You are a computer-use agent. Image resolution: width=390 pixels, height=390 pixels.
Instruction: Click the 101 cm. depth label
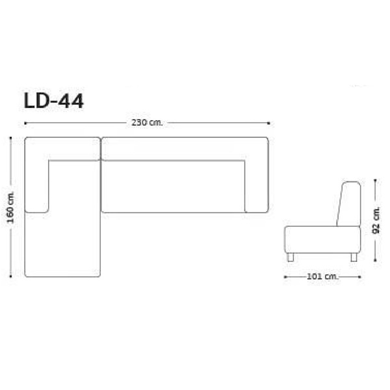coord(323,276)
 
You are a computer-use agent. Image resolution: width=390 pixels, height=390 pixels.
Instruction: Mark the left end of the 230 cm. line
coord(25,122)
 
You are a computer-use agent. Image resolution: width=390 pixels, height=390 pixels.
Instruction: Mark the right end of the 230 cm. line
coord(269,122)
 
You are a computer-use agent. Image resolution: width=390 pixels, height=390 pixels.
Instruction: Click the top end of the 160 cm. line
coord(11,138)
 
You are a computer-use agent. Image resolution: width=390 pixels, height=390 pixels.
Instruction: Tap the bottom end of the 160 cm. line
coord(11,276)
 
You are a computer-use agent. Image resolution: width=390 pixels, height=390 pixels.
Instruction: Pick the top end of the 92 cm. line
coord(376,183)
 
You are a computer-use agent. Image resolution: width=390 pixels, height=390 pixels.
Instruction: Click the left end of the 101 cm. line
coord(285,276)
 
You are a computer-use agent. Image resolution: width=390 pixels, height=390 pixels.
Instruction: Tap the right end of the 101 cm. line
coord(361,276)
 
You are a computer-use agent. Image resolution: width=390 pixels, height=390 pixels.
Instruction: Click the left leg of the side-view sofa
coord(291,257)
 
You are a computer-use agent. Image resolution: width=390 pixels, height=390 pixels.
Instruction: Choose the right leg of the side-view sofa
coord(354,257)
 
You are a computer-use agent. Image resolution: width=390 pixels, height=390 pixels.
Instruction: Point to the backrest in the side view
coord(349,204)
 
